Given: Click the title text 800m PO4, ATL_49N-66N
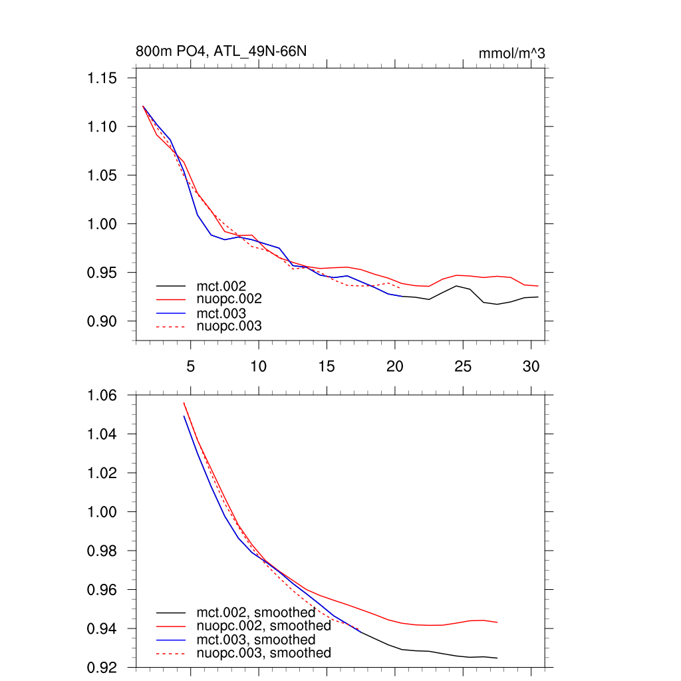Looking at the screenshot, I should (x=221, y=51).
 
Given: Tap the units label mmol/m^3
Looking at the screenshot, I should (x=511, y=53).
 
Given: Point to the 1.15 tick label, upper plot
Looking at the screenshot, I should (x=102, y=78).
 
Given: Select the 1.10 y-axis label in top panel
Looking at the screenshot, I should (x=102, y=127).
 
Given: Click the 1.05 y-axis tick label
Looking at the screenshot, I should (x=102, y=176).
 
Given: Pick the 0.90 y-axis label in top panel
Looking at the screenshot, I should (x=102, y=321).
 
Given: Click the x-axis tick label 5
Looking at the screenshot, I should (x=191, y=366).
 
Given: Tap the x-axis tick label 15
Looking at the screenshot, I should (x=326, y=366).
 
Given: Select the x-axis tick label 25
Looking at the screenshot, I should (x=462, y=366).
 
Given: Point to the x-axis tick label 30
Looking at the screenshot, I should (x=530, y=366).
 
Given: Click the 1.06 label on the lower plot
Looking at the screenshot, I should (x=102, y=396).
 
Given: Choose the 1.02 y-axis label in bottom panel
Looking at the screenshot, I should (x=102, y=474).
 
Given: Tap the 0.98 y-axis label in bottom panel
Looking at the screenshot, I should (x=102, y=551).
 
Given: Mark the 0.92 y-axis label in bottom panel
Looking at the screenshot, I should (x=102, y=667).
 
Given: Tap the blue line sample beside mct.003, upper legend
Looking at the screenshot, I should (x=170, y=313).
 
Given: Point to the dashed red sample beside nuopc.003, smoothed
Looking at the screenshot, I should (x=170, y=653).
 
